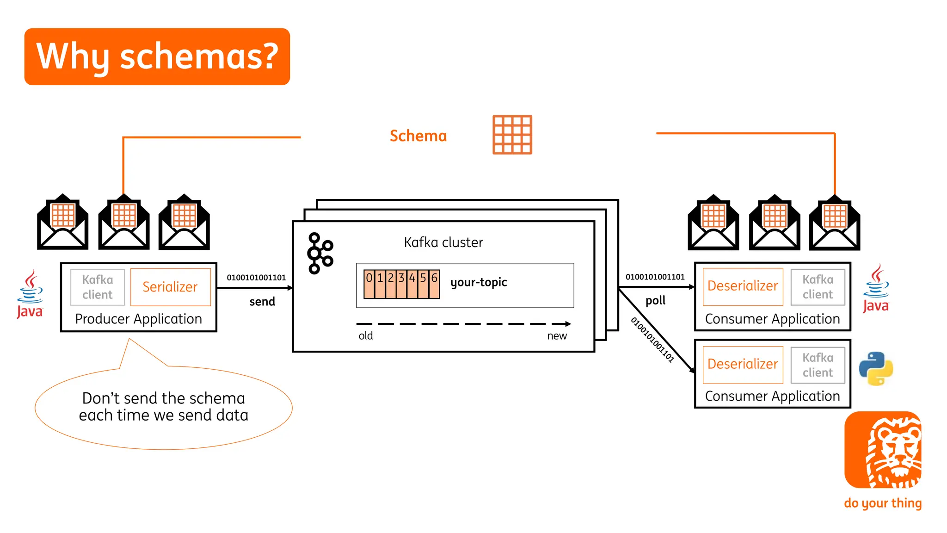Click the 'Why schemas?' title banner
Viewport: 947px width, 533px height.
click(x=157, y=56)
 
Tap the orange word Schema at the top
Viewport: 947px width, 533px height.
click(x=418, y=136)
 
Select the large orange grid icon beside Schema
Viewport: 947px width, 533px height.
click(x=512, y=135)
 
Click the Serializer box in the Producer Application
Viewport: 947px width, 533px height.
click(x=170, y=287)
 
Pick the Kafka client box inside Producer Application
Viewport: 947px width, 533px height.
click(x=98, y=287)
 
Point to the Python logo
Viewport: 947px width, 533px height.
click(x=876, y=368)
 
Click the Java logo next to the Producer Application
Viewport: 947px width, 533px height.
click(x=30, y=295)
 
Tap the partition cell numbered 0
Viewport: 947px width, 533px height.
click(x=369, y=284)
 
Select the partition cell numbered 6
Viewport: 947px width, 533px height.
click(x=434, y=284)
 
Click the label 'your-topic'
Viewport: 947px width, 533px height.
click(x=479, y=282)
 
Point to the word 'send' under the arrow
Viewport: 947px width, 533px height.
click(x=262, y=302)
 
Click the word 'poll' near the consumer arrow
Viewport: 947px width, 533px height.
click(x=655, y=301)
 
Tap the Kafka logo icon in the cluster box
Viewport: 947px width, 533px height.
click(x=320, y=253)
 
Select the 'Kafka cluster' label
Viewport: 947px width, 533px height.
click(x=443, y=242)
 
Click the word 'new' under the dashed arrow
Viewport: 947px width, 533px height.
click(x=557, y=336)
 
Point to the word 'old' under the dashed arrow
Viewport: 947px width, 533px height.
click(x=365, y=336)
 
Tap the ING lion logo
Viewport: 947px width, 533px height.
click(x=883, y=450)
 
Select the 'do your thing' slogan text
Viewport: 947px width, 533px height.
click(x=882, y=503)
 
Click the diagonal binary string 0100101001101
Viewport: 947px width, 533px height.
click(x=652, y=340)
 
